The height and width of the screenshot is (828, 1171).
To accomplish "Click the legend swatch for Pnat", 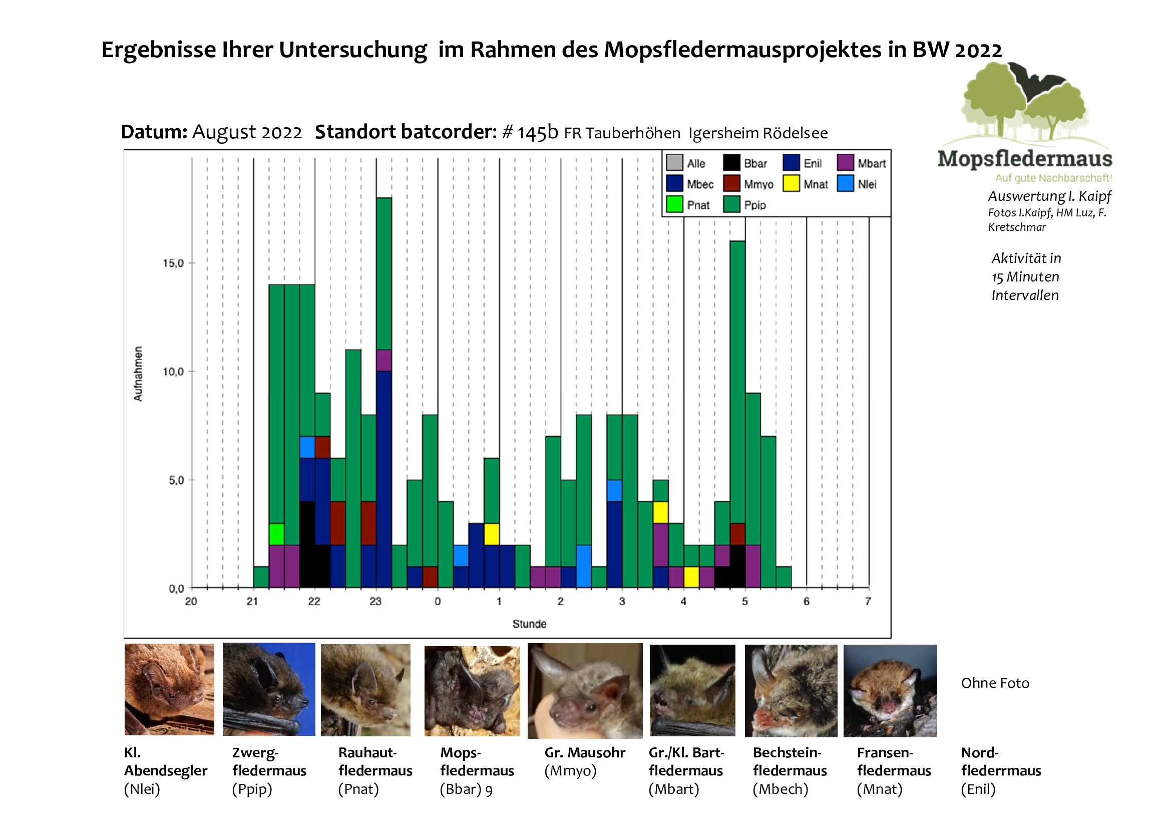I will [x=674, y=204].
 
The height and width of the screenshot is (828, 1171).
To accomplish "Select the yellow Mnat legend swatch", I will [x=791, y=184].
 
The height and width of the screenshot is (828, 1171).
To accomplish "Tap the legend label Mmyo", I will [x=758, y=184].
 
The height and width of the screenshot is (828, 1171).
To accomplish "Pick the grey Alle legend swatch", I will [x=674, y=163].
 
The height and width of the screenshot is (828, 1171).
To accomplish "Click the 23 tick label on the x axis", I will [x=375, y=602].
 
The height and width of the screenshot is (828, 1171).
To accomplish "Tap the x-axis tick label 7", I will [x=868, y=602].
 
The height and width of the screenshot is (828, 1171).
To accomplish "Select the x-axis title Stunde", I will [x=529, y=624].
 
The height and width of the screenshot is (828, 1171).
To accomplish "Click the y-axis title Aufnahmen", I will [x=138, y=374].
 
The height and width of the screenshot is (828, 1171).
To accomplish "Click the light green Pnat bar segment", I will [x=276, y=534].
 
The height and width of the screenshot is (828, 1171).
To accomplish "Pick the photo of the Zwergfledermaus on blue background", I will [x=269, y=689].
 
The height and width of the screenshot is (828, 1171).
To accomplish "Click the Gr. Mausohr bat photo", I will [x=585, y=691].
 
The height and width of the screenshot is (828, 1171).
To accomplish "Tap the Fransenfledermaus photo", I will [x=890, y=691].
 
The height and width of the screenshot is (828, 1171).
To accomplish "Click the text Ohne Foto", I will [x=995, y=683].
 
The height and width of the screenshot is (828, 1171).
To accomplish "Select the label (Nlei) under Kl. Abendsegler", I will [x=142, y=789].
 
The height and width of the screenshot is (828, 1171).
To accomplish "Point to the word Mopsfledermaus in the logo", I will [x=1025, y=159].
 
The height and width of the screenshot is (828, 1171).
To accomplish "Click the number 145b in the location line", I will [x=538, y=133].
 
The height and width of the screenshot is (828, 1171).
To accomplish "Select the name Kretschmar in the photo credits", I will [x=1017, y=227].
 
